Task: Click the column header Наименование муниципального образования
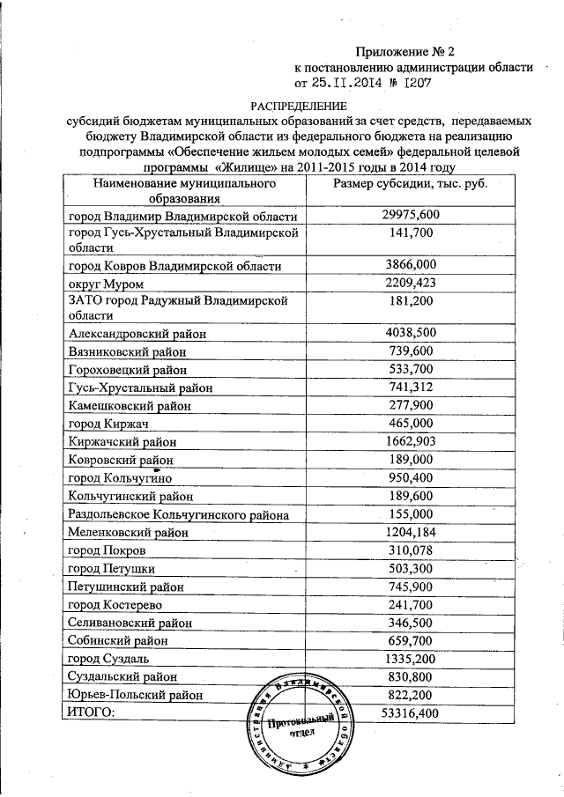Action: tap(182, 192)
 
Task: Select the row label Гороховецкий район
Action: tap(127, 370)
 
